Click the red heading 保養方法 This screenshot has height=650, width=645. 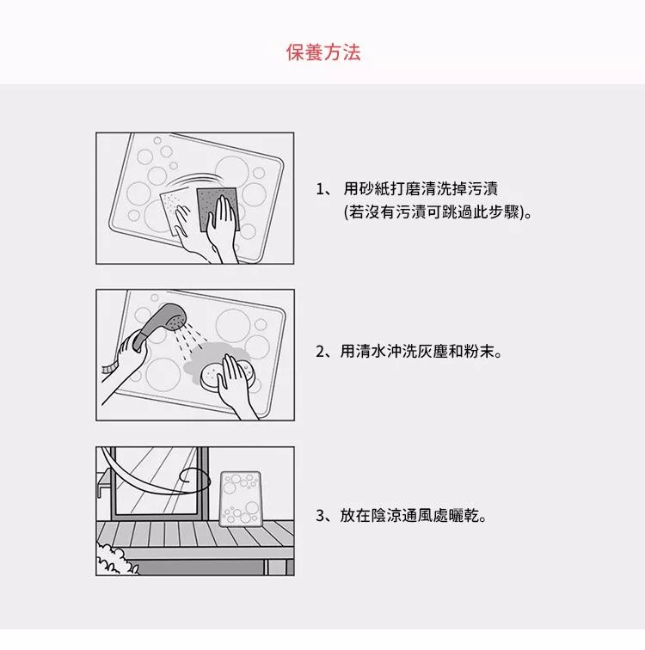click(323, 52)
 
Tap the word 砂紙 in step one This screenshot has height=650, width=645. click(366, 188)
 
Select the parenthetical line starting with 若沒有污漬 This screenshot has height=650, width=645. click(438, 212)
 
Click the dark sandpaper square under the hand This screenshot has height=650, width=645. click(218, 210)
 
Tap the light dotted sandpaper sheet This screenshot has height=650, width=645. click(174, 212)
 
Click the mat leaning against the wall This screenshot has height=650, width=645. click(241, 499)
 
